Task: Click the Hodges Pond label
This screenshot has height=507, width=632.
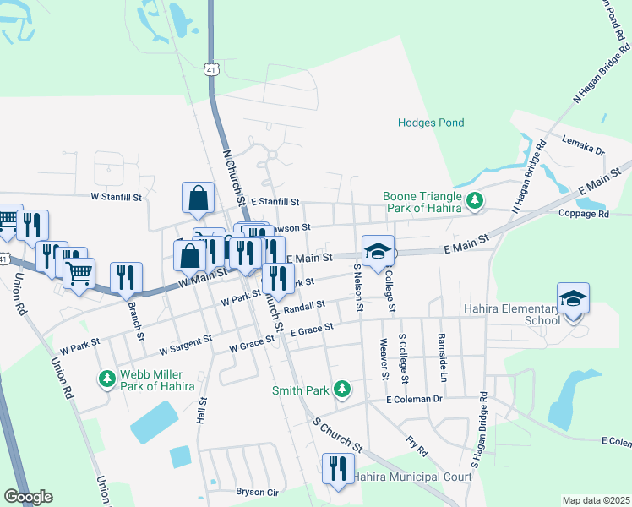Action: click(x=431, y=123)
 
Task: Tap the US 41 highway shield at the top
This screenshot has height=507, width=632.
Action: click(x=210, y=69)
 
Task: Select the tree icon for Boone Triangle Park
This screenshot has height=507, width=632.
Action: click(x=477, y=200)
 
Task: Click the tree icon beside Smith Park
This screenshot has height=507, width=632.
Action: click(x=341, y=390)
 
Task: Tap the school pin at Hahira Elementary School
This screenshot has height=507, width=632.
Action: click(x=573, y=298)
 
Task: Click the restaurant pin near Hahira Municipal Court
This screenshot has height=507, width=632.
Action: click(x=338, y=469)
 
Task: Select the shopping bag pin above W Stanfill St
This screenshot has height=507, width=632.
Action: click(x=197, y=198)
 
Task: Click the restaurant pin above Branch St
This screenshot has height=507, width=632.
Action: click(x=126, y=277)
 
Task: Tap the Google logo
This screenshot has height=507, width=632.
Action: click(x=28, y=497)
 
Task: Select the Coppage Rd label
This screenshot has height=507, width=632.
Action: click(x=583, y=215)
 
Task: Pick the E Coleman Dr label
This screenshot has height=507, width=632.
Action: click(x=414, y=399)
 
